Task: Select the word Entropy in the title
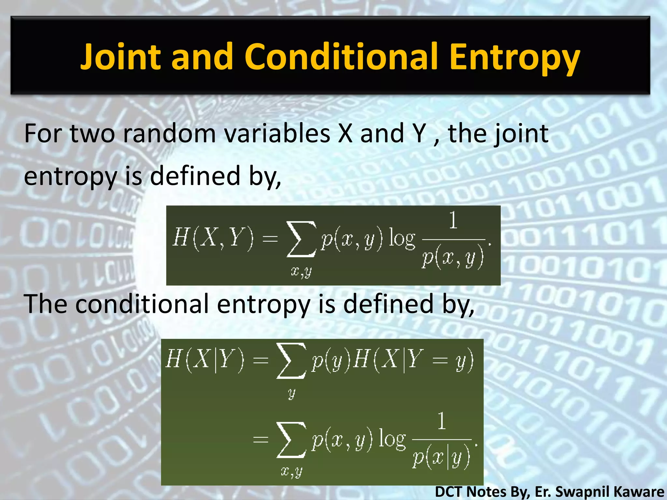click(x=514, y=58)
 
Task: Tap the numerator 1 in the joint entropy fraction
click(x=453, y=220)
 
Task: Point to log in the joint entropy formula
click(x=402, y=239)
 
